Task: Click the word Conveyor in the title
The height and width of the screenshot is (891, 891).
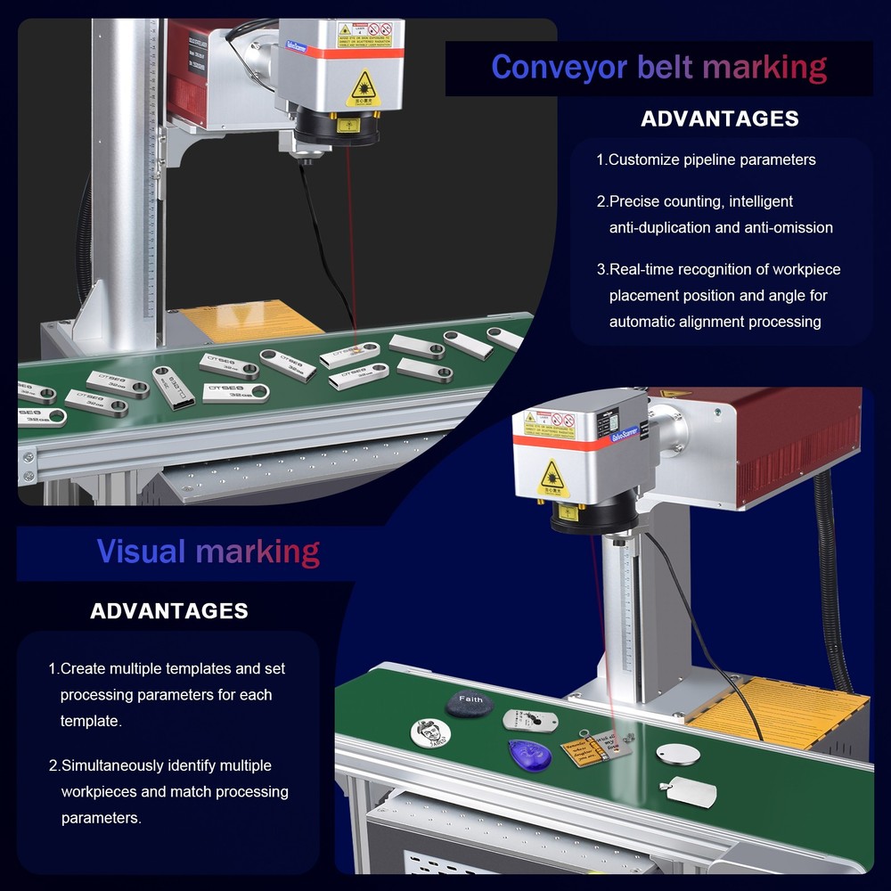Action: click(560, 68)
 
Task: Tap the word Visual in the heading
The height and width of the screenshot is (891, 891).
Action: click(142, 552)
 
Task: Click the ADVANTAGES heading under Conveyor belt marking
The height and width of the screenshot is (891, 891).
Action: click(720, 119)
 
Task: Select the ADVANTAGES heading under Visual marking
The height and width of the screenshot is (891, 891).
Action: click(169, 611)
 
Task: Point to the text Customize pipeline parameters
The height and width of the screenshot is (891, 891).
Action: click(712, 160)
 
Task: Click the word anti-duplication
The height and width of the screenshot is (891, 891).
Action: click(660, 228)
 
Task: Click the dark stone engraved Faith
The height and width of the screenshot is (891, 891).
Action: click(470, 702)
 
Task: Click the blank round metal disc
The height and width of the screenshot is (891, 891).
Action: click(678, 755)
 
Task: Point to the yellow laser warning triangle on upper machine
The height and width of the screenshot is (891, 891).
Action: click(364, 87)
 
